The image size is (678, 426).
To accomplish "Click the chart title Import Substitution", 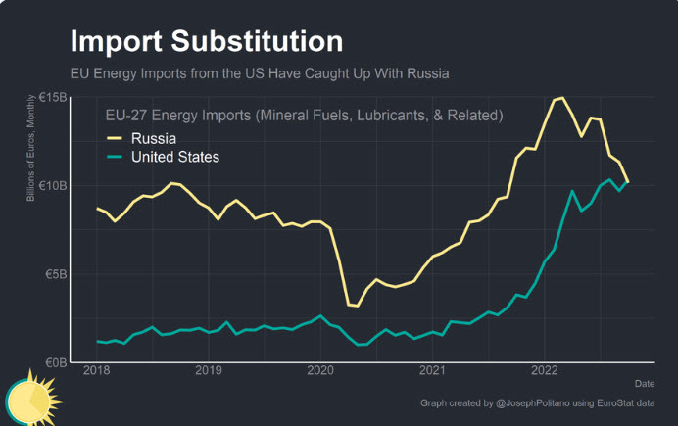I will point(206,41).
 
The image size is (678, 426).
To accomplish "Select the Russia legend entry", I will point(152,138).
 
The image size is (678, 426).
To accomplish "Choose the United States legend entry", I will point(174,157).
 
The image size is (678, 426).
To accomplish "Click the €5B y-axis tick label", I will point(55,274).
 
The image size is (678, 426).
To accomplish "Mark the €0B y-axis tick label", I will point(55,362).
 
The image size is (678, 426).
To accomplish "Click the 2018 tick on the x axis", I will point(96,370).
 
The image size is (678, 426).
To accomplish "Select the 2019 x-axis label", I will point(209,370).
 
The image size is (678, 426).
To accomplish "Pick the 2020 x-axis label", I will point(321,370).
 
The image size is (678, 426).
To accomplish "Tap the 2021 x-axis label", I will point(434,370).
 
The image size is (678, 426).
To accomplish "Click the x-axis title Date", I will point(644,383).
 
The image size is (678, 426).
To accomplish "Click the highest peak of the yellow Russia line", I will point(560,98).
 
